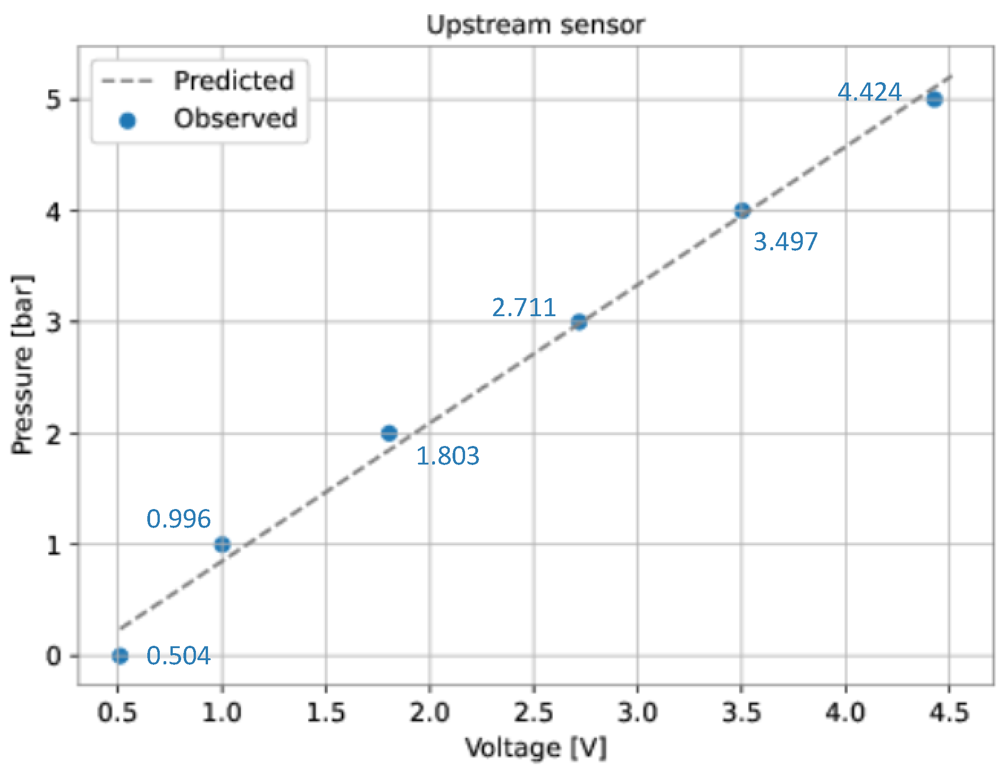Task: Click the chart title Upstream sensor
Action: [535, 25]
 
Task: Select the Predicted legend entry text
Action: [234, 81]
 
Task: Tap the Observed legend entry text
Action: [235, 119]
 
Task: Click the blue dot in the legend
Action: [127, 121]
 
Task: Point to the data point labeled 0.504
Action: [120, 656]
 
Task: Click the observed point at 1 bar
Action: [222, 544]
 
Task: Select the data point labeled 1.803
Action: [389, 433]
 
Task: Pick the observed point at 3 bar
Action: [579, 321]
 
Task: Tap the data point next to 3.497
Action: [742, 210]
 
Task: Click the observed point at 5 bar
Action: [934, 99]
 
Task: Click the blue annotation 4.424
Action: [869, 92]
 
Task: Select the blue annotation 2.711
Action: [524, 307]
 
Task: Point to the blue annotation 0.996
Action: [178, 519]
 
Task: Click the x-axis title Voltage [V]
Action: [535, 747]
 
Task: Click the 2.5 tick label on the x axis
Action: [534, 712]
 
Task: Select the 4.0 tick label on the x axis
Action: [845, 712]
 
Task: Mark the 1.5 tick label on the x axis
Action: [326, 712]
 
